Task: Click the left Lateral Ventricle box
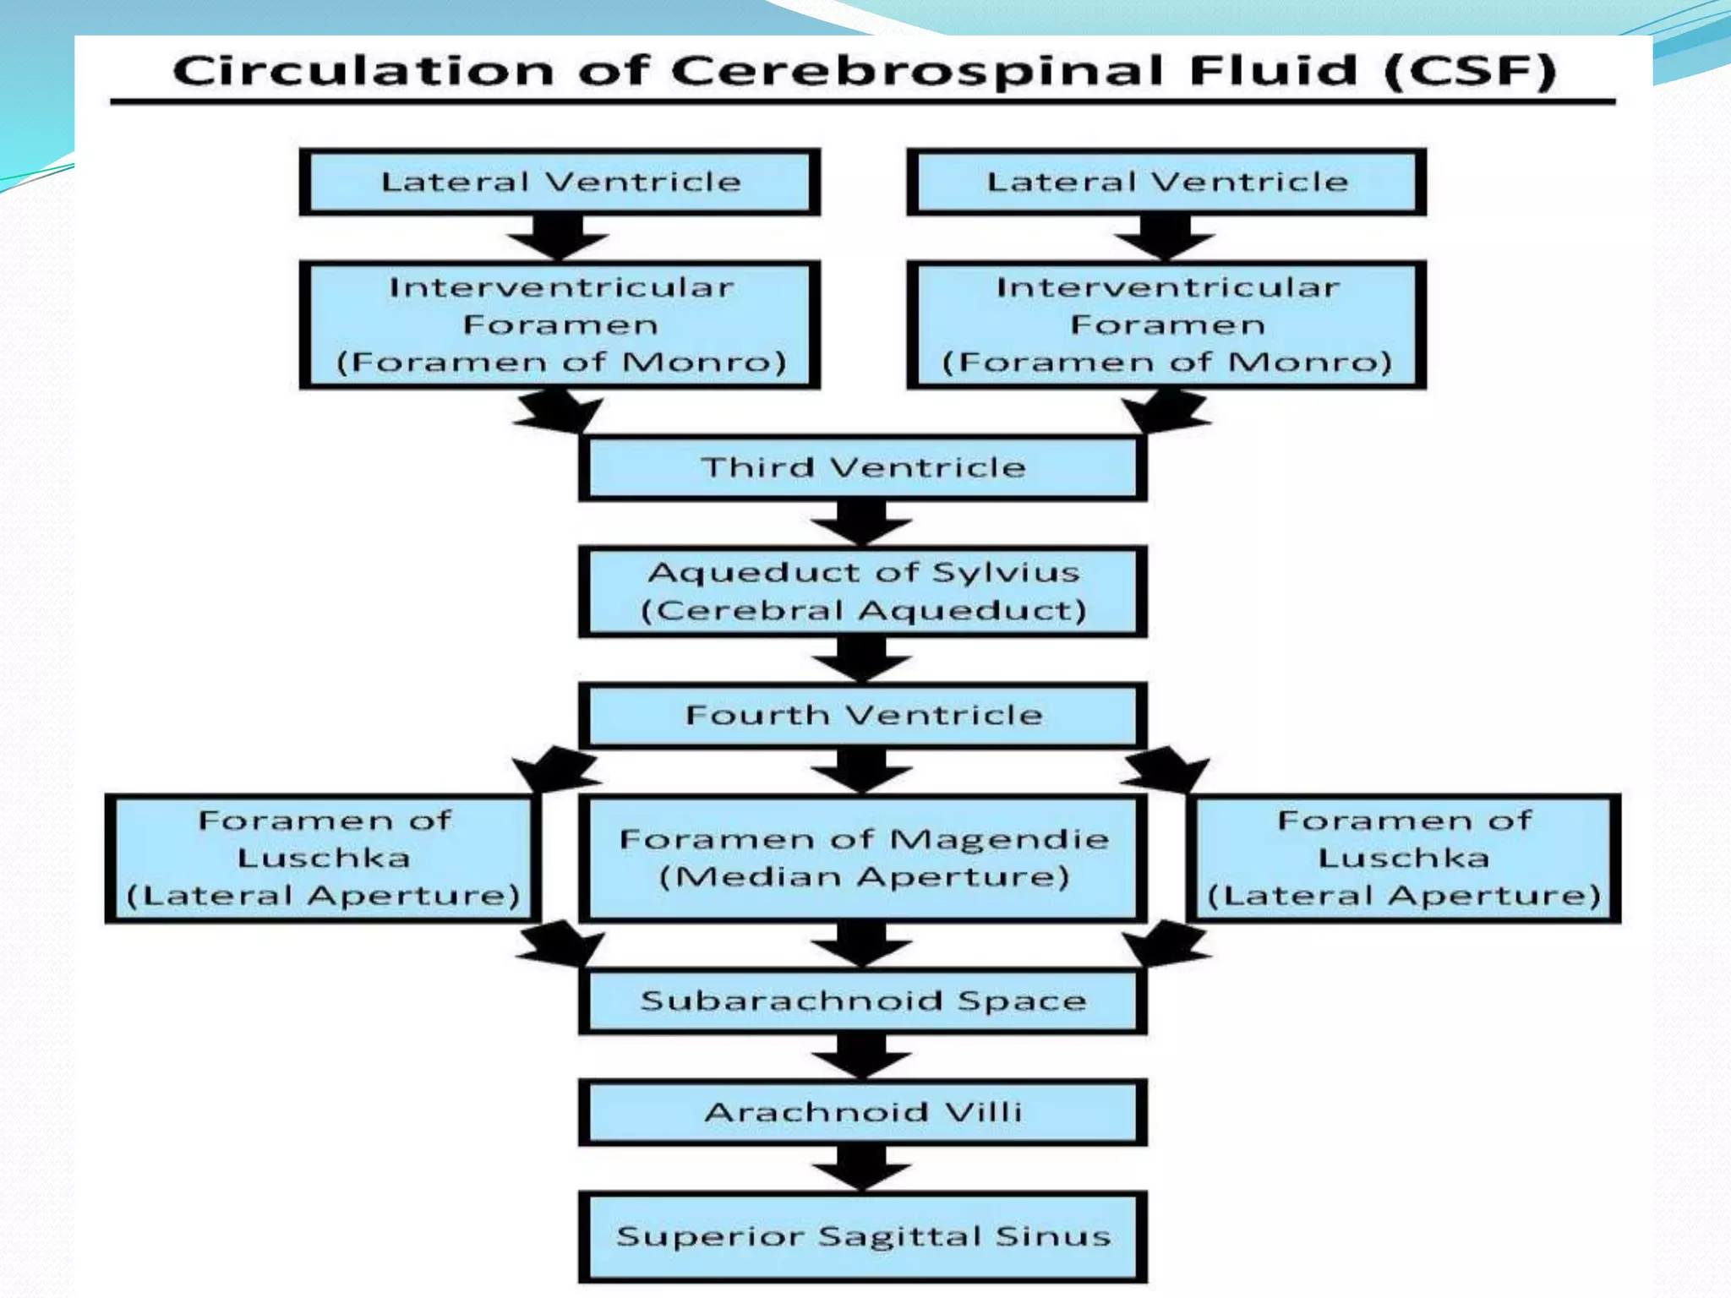coord(560,183)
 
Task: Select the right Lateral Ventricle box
coord(1166,183)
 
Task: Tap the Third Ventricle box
coord(862,467)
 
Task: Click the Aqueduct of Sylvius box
coord(862,591)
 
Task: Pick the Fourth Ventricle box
coord(862,716)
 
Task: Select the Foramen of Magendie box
coord(862,858)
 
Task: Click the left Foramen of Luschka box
coord(323,858)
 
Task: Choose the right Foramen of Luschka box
coord(1403,858)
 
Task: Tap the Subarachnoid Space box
coord(862,1001)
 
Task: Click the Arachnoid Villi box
coord(862,1112)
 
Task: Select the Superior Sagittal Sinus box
coord(862,1236)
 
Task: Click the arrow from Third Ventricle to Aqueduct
coord(861,521)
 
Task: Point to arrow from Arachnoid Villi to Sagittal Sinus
coord(861,1167)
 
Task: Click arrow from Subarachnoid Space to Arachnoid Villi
coord(861,1055)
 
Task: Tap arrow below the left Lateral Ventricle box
coord(558,236)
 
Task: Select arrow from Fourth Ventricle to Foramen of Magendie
coord(861,769)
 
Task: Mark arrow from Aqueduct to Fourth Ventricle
coord(861,658)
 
